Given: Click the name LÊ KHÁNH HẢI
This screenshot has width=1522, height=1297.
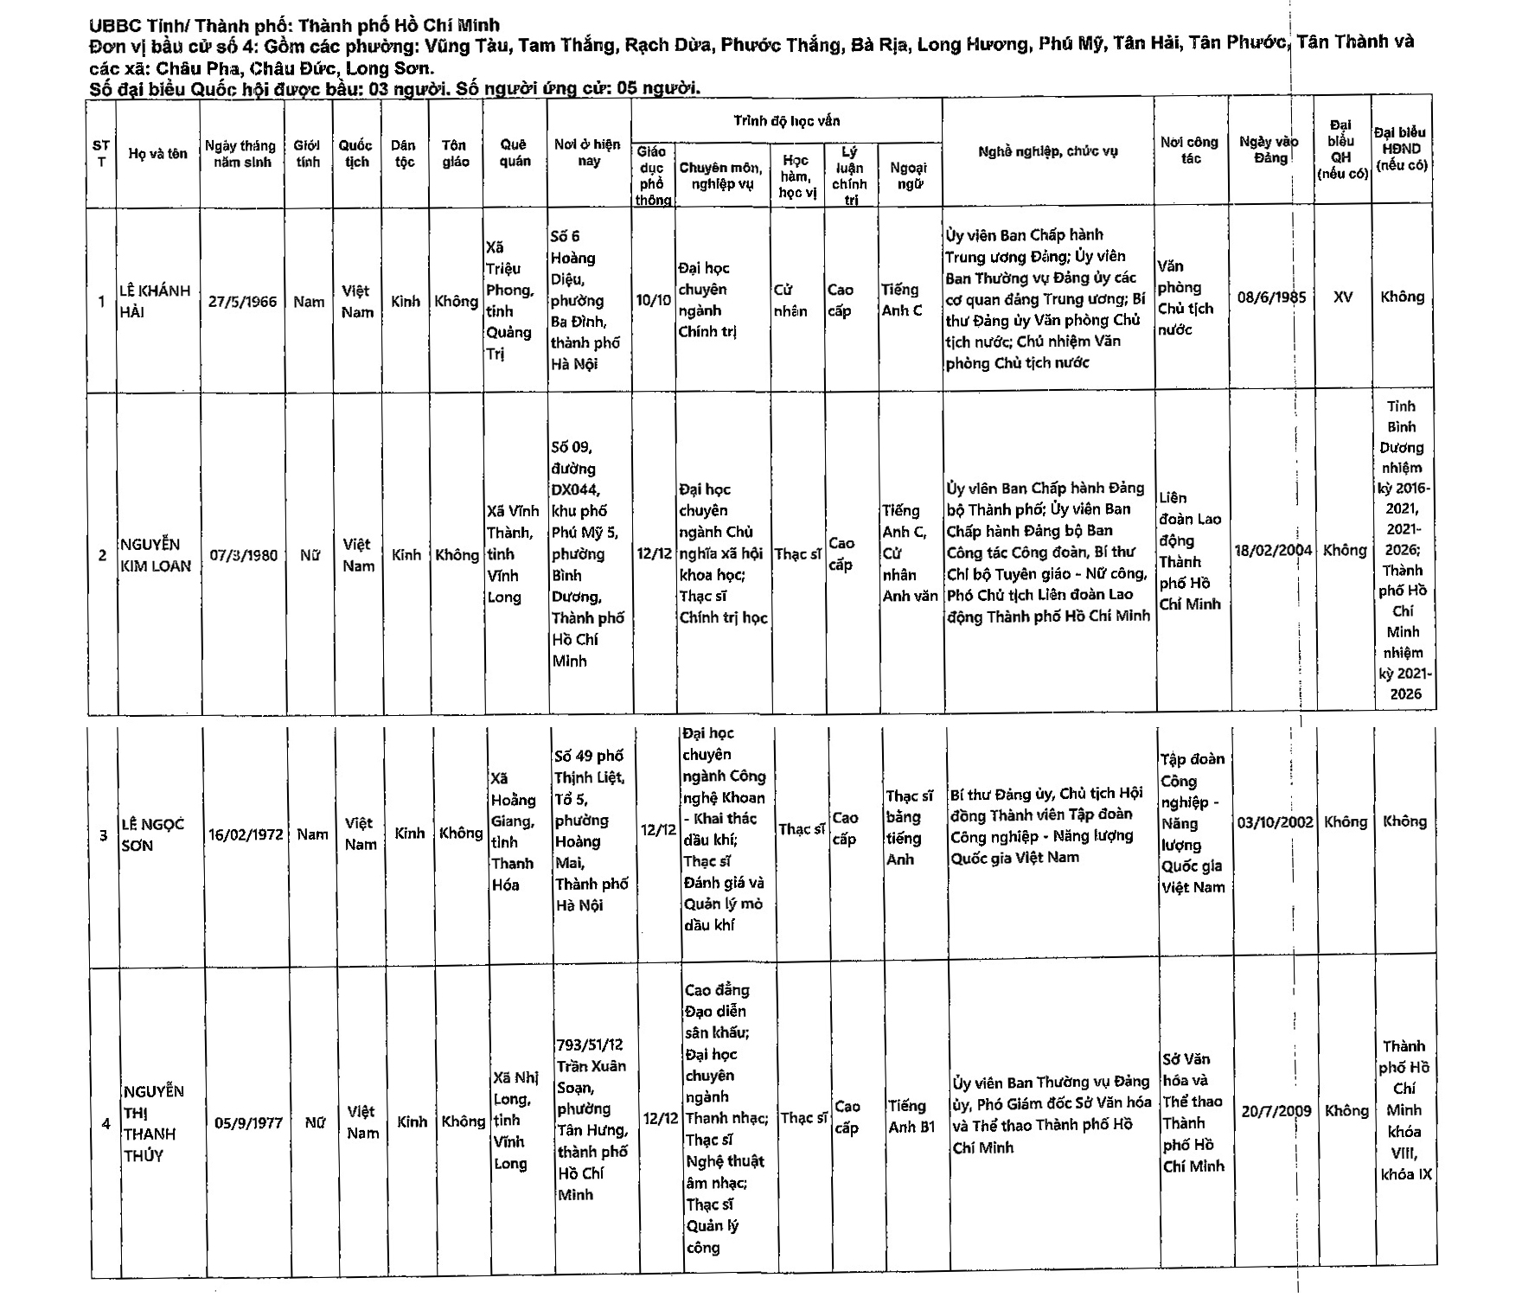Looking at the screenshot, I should coord(154,301).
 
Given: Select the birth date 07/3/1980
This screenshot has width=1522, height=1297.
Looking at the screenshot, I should coord(243,555).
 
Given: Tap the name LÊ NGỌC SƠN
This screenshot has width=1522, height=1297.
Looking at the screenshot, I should coord(152,834).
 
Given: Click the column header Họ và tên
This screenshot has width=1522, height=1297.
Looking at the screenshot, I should coord(157,154).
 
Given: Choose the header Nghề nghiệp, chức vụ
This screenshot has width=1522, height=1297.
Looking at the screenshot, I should coord(1047,151).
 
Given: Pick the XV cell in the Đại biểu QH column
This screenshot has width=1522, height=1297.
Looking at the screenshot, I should coord(1342,297).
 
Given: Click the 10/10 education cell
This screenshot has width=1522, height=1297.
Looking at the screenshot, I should coord(653,300).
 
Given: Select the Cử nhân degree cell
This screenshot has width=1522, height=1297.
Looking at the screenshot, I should coord(790,301).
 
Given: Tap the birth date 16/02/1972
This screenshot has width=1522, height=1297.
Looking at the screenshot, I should coord(246,834).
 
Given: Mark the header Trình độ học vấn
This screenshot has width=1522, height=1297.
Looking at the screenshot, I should coord(786,121).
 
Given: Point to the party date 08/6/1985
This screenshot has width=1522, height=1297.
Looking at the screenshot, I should coord(1271,297).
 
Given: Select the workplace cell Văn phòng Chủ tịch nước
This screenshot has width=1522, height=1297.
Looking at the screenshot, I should coord(1186,297).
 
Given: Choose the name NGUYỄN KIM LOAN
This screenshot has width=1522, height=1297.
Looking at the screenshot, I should coord(156,555).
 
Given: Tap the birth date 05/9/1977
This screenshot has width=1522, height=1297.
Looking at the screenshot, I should coord(248,1122).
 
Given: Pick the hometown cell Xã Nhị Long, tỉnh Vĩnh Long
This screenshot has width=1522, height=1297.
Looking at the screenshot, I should coord(515,1120).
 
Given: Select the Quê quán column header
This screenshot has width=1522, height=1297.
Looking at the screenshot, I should coord(515,153).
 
